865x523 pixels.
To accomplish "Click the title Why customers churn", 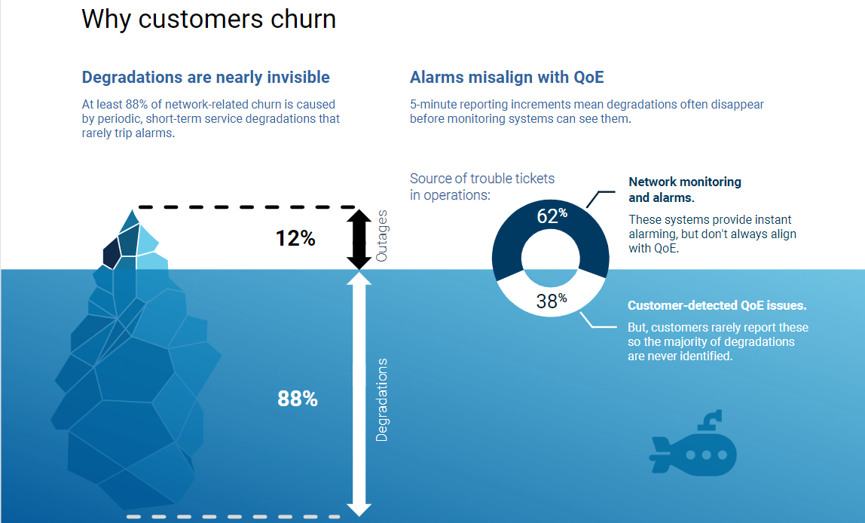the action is click(x=209, y=20).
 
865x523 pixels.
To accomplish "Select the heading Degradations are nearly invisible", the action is click(x=206, y=77).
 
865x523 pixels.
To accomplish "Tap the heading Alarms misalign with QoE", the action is click(x=506, y=77).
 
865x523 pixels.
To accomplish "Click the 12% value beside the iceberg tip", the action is click(x=295, y=238).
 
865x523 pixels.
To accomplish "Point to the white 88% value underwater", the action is click(x=298, y=399).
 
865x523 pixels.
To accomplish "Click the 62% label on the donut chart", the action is click(x=552, y=216).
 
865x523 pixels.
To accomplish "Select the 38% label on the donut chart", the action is click(x=552, y=301).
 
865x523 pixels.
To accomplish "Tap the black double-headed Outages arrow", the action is click(x=359, y=240).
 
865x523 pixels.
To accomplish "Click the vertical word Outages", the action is click(x=381, y=236).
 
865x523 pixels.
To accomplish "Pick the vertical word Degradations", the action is click(x=381, y=400).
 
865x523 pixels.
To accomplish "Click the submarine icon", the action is click(x=693, y=443).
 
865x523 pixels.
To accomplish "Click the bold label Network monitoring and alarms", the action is click(x=685, y=190).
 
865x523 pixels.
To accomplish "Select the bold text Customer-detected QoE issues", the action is click(x=717, y=306).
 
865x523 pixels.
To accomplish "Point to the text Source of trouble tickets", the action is click(x=482, y=179).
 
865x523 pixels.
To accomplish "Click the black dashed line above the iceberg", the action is click(x=248, y=207).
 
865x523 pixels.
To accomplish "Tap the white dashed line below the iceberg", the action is click(x=234, y=517).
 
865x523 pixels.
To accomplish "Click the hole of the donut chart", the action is click(x=551, y=258).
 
